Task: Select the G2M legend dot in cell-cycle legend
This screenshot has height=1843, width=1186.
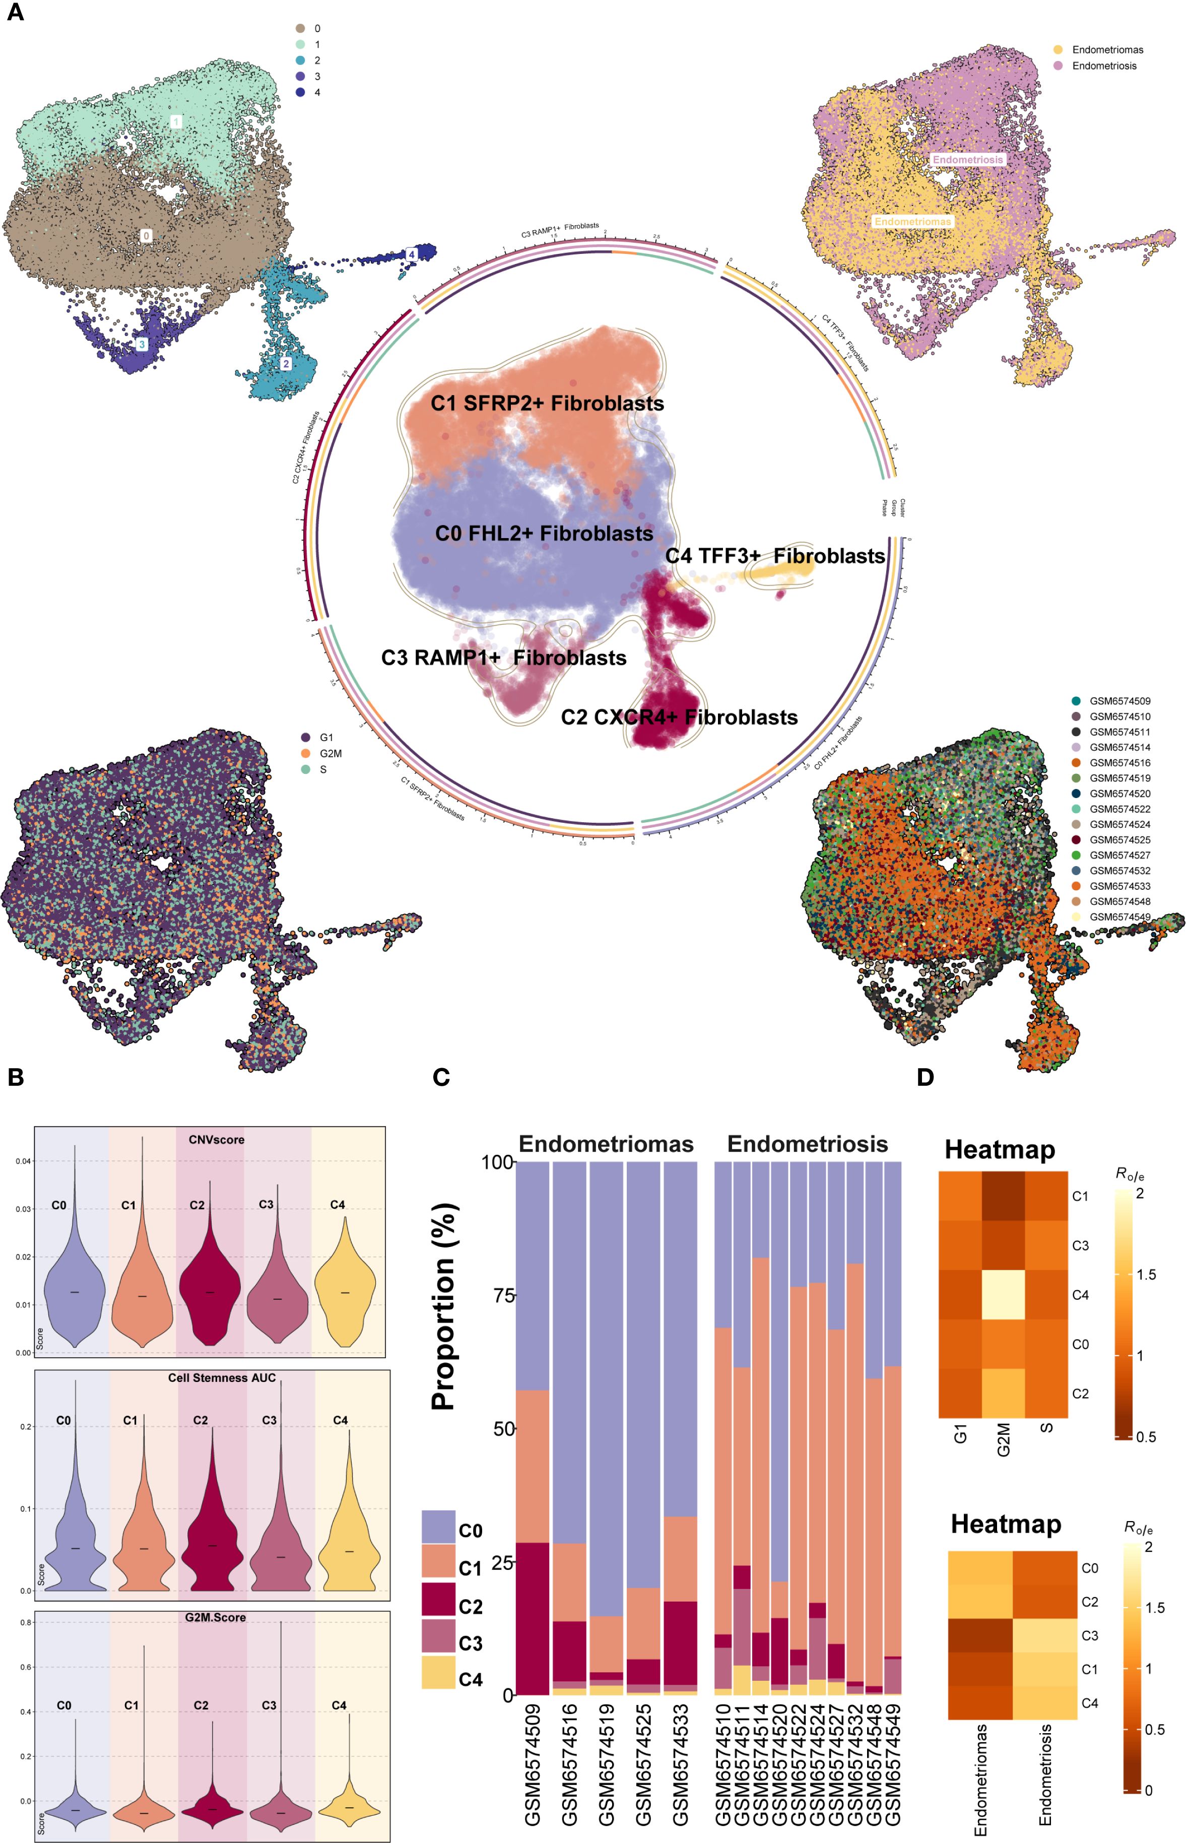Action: pos(306,753)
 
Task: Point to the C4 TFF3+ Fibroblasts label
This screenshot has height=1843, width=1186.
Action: pos(775,556)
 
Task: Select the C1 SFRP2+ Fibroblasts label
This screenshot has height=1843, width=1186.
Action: pos(547,404)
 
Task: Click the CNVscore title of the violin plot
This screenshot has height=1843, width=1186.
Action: pos(217,1140)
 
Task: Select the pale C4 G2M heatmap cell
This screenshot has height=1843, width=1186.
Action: pos(1003,1295)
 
